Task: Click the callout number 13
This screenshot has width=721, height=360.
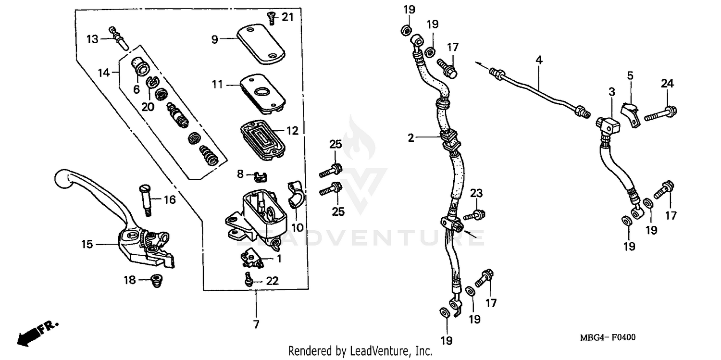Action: pos(92,38)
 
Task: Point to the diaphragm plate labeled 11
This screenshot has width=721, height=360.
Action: pos(262,92)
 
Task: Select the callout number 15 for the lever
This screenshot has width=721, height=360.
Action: pos(87,245)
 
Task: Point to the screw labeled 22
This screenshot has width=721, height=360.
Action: pos(249,279)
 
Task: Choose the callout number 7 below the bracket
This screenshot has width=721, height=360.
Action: pos(256,324)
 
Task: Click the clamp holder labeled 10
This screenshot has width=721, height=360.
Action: pos(295,195)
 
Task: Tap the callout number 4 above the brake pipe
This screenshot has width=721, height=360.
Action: pos(539,60)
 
